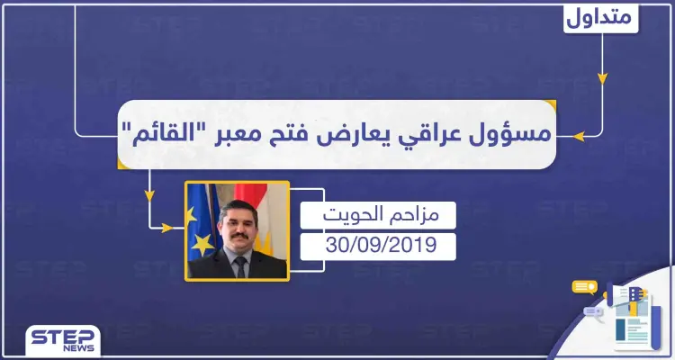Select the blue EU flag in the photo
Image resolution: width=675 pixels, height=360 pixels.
pyautogui.click(x=198, y=225)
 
